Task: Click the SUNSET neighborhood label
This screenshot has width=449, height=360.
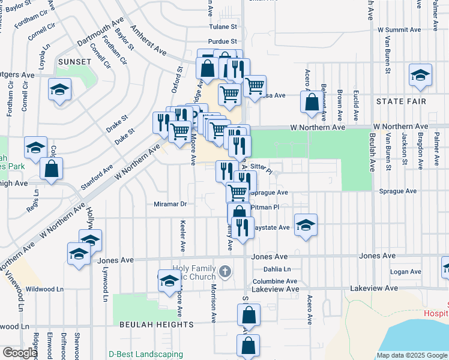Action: [74, 62]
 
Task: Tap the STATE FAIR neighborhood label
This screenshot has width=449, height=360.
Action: [402, 102]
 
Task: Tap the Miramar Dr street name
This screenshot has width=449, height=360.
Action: [170, 204]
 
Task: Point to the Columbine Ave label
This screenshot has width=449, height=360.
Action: [274, 281]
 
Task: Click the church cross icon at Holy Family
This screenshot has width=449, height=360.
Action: [225, 272]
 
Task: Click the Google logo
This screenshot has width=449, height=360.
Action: [20, 353]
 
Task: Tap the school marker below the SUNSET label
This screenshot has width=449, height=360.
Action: [60, 91]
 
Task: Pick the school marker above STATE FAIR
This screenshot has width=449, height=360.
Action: [420, 75]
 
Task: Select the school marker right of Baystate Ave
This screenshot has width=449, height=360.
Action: [306, 225]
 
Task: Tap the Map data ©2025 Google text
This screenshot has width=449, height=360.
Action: [411, 355]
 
